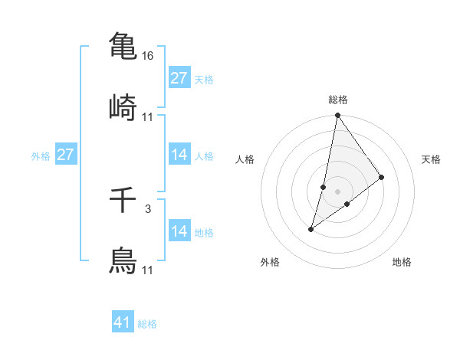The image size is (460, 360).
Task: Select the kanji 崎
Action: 123,107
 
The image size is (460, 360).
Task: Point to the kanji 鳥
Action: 123,260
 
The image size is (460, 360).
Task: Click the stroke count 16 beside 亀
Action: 149,57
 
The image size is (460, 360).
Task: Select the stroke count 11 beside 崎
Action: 148,117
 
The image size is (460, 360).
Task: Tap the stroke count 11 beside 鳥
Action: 148,270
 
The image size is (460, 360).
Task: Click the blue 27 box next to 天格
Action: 179,78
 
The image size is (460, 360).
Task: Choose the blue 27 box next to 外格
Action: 65,155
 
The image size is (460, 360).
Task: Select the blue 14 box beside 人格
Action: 179,155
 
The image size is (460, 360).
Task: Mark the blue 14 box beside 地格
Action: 179,231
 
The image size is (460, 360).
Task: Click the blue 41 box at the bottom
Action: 123,322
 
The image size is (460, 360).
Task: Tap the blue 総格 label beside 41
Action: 147,324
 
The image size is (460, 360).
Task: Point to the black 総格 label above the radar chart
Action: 337,100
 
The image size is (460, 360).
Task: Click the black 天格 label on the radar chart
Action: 431,159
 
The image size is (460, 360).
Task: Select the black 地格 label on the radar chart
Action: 402,262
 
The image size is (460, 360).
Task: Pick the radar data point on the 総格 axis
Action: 337,116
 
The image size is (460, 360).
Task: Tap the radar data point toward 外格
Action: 311,228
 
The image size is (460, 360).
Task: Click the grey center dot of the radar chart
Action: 337,191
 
